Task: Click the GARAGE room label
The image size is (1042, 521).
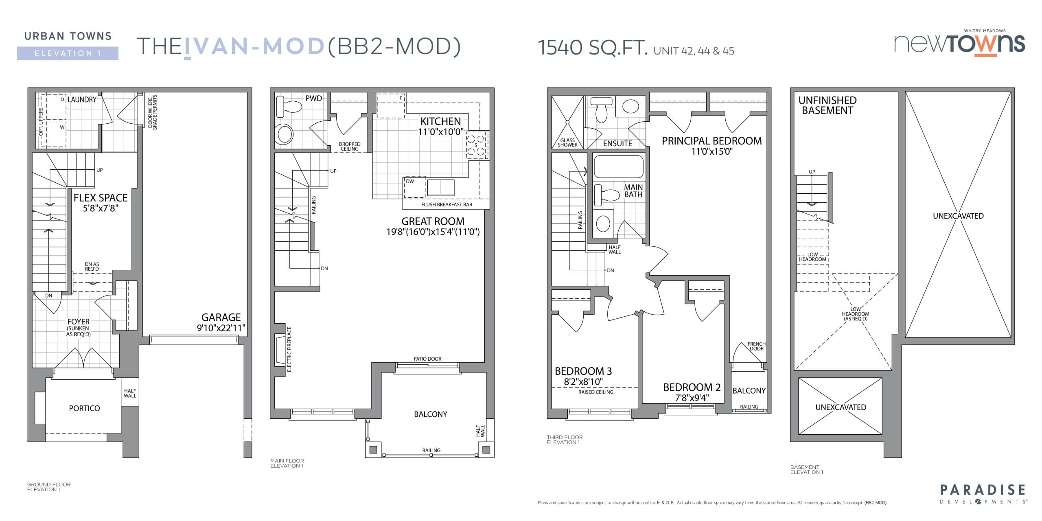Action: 221,317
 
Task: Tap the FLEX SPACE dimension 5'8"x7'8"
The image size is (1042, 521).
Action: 101,208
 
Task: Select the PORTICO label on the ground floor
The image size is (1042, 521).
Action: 84,408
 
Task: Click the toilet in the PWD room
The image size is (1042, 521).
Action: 289,107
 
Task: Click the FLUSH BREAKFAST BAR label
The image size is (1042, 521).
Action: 447,205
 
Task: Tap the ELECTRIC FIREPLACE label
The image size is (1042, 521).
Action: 289,349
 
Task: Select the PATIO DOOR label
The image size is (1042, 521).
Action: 427,359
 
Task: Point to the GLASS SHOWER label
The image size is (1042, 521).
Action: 567,142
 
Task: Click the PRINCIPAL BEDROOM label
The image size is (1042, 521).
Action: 711,141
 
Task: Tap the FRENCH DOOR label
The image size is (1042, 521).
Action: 756,346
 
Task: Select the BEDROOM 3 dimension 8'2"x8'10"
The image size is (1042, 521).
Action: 583,382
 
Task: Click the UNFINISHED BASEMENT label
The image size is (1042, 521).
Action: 827,105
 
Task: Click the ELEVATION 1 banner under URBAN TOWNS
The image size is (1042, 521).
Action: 68,53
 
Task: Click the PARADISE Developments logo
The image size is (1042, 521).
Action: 983,493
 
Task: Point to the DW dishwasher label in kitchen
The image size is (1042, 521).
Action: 410,182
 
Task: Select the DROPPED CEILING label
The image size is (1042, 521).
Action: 349,147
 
